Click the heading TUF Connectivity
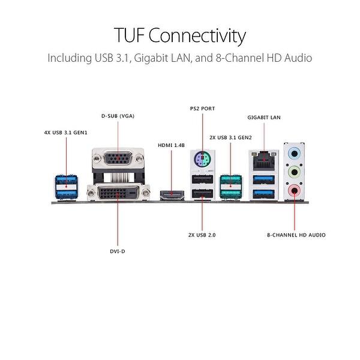(180, 35)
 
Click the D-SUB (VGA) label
(118, 115)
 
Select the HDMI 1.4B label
(172, 145)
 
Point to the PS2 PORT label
(202, 108)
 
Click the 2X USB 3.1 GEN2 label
(230, 137)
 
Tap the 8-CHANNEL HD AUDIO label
(296, 235)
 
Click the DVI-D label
(118, 252)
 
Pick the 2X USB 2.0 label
(202, 235)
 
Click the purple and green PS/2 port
(202, 160)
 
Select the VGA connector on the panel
(118, 160)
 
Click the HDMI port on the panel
(172, 194)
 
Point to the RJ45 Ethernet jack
(263, 160)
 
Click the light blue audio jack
(294, 153)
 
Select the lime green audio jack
(294, 172)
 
